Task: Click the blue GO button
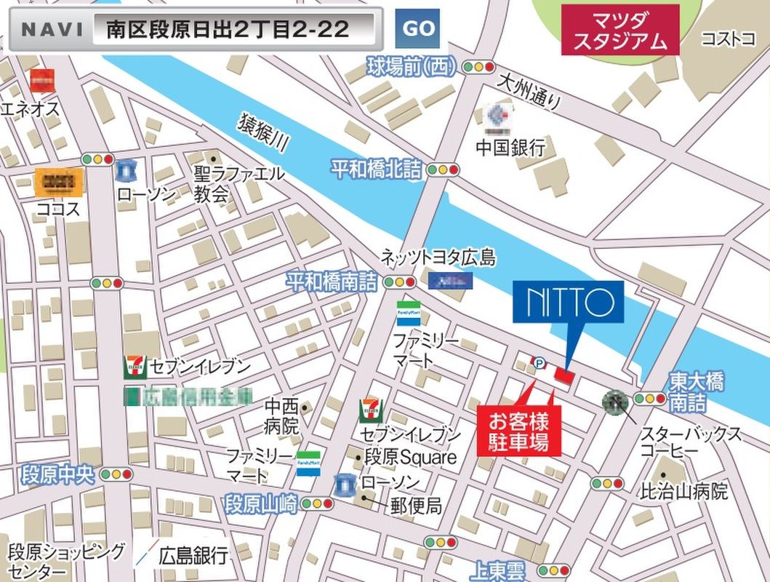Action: click(x=419, y=29)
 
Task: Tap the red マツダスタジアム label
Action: click(x=619, y=30)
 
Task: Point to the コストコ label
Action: click(x=727, y=39)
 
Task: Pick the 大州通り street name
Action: click(x=529, y=92)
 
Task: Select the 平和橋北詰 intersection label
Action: click(x=376, y=170)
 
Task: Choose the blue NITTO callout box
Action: click(x=568, y=301)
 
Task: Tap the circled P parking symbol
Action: click(x=539, y=362)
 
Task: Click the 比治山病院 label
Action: click(x=683, y=491)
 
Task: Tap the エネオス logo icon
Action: click(x=42, y=80)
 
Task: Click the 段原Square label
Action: click(x=410, y=458)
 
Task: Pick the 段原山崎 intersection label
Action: click(x=261, y=503)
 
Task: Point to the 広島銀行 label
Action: click(x=193, y=556)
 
